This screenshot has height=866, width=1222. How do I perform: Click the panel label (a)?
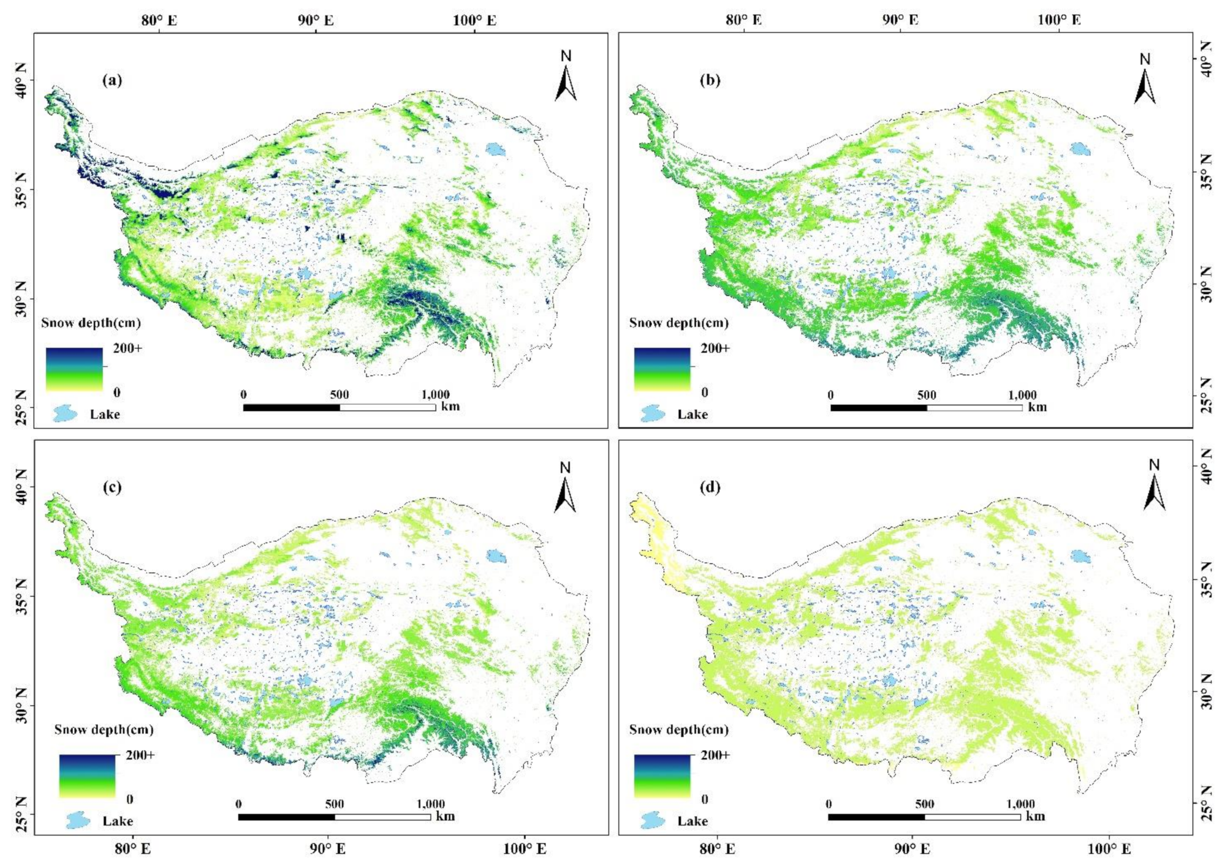coord(112,80)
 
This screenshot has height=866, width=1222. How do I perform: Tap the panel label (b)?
coord(710,80)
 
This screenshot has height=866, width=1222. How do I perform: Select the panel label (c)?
coord(112,487)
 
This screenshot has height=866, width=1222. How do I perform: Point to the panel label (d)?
coord(710,487)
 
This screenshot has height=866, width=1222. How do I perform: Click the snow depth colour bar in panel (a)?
coord(74,369)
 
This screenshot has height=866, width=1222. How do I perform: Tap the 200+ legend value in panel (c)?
coord(140,755)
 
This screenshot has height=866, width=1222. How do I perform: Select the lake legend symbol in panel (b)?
coord(653,413)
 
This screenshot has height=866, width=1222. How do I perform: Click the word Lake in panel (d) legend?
coord(693,821)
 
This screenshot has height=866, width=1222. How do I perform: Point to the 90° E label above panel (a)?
coord(316,20)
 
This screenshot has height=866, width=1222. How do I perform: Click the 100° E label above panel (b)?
coord(1058,20)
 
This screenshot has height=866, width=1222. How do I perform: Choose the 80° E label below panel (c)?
coord(134,849)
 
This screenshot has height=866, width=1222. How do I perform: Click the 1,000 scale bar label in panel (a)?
coord(436,394)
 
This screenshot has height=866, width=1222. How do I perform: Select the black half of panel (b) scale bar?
coord(878,407)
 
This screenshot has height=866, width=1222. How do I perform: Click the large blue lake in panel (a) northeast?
coord(495,149)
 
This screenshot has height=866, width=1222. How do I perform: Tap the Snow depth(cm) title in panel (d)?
coord(678,729)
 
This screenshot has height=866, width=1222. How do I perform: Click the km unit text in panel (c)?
coord(445,816)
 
